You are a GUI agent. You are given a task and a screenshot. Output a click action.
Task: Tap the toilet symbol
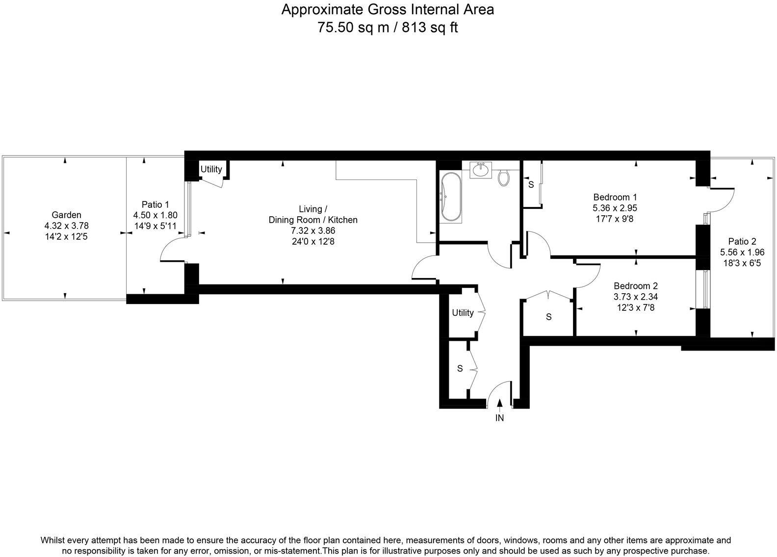(503, 177)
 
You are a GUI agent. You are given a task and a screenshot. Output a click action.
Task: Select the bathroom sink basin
(481, 170)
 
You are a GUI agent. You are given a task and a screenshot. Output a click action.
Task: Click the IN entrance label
(499, 418)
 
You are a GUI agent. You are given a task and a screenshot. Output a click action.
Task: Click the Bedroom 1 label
(615, 197)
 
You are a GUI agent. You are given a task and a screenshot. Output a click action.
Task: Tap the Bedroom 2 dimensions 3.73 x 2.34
(635, 297)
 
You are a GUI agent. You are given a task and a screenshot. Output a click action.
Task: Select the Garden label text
(66, 215)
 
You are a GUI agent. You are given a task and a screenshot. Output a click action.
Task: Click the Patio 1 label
(155, 204)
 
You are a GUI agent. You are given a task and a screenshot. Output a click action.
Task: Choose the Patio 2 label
(742, 241)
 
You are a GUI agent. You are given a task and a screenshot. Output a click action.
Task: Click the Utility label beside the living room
(211, 169)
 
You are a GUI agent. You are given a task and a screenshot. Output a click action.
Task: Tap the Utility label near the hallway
(463, 313)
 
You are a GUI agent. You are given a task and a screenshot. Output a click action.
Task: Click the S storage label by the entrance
(460, 368)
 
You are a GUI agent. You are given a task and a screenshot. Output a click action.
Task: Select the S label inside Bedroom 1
(531, 185)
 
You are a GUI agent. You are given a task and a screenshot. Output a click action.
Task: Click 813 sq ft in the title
(430, 27)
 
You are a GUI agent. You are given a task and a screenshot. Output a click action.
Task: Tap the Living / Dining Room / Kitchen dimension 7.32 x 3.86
(312, 230)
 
